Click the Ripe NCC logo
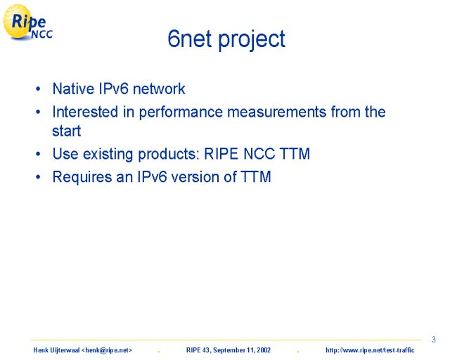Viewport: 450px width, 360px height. (27, 22)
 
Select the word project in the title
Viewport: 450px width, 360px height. (252, 40)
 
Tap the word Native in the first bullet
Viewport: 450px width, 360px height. (73, 89)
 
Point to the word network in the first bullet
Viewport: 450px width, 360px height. (159, 89)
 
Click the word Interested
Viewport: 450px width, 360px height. (85, 112)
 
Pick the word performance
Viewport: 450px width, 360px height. (181, 112)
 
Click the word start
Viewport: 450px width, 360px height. (67, 131)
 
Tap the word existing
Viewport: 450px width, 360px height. (108, 154)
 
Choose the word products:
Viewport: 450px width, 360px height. (169, 154)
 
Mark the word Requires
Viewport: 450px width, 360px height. (82, 177)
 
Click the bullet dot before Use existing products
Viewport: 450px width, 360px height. (38, 154)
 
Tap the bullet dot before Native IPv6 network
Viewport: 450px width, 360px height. (38, 89)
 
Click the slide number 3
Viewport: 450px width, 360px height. (434, 340)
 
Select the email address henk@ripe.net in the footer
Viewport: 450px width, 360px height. (107, 350)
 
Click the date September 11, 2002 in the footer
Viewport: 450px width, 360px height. (242, 350)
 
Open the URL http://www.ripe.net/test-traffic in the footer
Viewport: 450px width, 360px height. (370, 350)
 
